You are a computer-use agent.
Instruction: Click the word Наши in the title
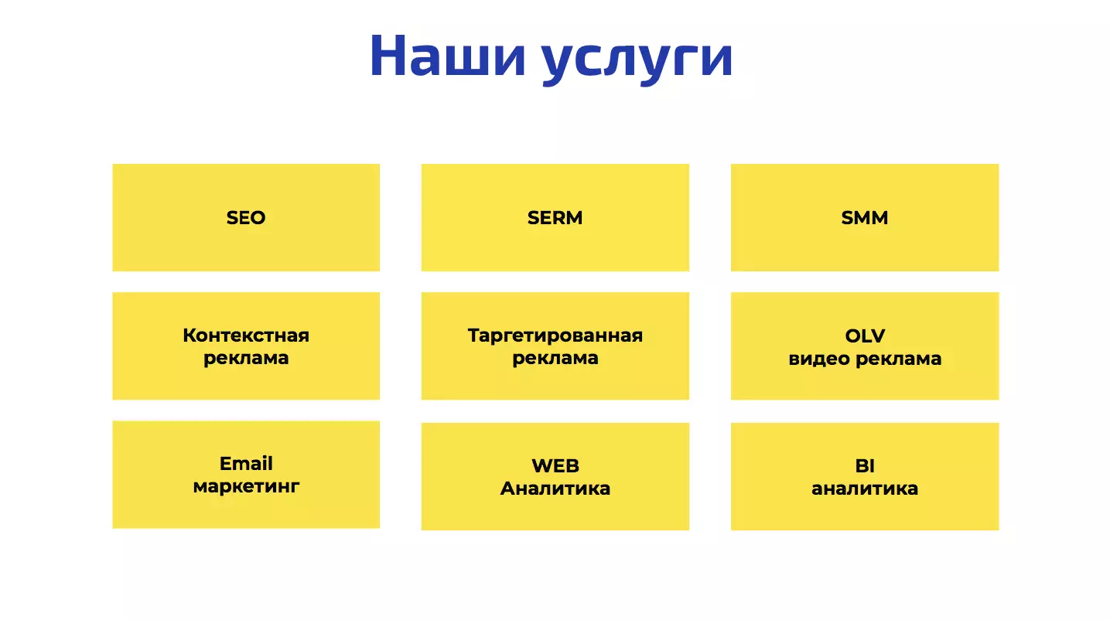coord(447,56)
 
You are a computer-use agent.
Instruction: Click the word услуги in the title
coord(637,60)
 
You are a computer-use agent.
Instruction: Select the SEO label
coord(246,217)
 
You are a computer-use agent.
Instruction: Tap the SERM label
coord(555,217)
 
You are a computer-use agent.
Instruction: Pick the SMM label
coord(865,217)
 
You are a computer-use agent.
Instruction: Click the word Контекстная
coord(246,336)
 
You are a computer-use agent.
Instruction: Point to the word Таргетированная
coord(555,336)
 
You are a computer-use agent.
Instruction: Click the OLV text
coord(865,336)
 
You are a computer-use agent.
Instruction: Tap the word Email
coord(246,464)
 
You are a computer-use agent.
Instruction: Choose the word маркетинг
coord(246,487)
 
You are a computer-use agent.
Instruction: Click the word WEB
coord(555,465)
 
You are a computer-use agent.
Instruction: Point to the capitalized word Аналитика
coord(555,489)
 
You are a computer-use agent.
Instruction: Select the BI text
coord(865,465)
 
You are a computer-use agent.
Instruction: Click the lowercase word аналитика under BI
coord(865,489)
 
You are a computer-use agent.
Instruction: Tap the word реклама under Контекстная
coord(246,359)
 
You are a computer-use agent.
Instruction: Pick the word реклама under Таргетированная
coord(555,359)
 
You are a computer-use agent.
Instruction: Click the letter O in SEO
coord(257,217)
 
